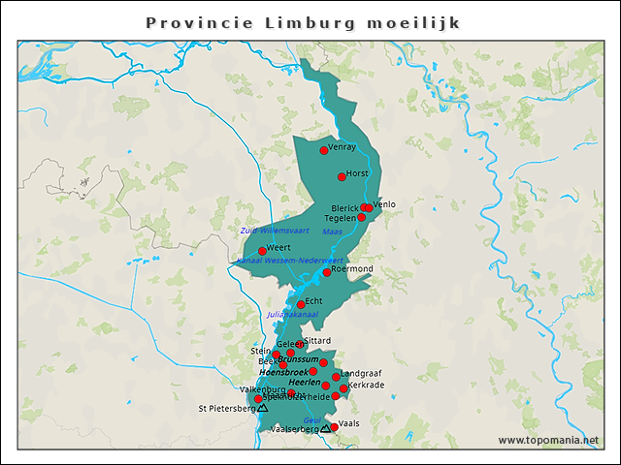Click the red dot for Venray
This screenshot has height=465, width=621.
[324, 150]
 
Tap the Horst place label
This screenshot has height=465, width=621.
[358, 173]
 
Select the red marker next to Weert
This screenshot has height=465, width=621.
[262, 251]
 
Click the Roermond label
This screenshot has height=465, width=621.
[352, 268]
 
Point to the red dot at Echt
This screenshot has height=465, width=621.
[301, 305]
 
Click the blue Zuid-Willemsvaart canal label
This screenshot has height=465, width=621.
[274, 231]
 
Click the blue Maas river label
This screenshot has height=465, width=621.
[332, 232]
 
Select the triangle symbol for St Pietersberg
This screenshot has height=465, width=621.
[263, 409]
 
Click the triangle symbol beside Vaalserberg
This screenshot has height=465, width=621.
[325, 427]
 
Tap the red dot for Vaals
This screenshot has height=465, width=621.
[335, 427]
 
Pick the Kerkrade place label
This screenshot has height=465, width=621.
[366, 385]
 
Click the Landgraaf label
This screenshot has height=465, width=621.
[363, 372]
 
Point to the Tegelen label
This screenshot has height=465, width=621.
[340, 218]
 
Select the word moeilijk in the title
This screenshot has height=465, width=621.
[420, 22]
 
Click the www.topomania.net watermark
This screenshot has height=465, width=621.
[548, 441]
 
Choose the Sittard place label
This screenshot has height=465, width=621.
[317, 341]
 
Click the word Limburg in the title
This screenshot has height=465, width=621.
[305, 22]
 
